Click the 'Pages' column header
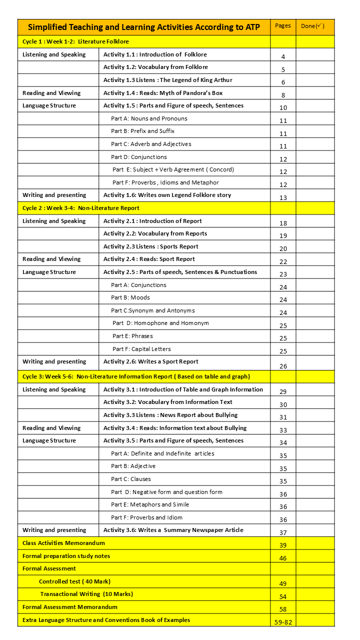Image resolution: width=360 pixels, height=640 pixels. pyautogui.click(x=283, y=26)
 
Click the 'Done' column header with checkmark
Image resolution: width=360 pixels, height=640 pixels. pyautogui.click(x=312, y=26)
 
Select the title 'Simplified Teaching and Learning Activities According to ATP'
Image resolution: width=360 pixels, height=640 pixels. pyautogui.click(x=144, y=27)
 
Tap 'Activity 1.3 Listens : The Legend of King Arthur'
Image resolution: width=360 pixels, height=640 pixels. pyautogui.click(x=167, y=80)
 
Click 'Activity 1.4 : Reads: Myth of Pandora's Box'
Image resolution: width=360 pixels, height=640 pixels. pyautogui.click(x=163, y=93)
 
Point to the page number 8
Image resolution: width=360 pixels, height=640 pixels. pyautogui.click(x=283, y=95)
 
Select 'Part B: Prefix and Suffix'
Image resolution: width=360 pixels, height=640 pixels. pyautogui.click(x=142, y=131)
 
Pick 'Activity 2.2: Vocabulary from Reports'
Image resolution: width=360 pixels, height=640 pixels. pyautogui.click(x=155, y=233)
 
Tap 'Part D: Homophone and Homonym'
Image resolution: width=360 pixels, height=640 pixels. pyautogui.click(x=160, y=323)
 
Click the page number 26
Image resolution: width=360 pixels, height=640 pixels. pyautogui.click(x=283, y=366)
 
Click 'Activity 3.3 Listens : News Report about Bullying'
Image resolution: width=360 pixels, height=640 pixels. pyautogui.click(x=170, y=415)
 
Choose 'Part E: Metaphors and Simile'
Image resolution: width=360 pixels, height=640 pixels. pyautogui.click(x=150, y=504)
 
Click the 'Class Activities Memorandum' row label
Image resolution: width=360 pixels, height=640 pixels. pyautogui.click(x=63, y=543)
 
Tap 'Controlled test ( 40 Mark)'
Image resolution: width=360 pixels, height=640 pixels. pyautogui.click(x=74, y=581)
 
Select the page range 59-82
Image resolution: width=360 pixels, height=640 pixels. pyautogui.click(x=283, y=622)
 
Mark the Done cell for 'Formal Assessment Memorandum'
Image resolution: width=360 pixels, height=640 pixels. pyautogui.click(x=315, y=607)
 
